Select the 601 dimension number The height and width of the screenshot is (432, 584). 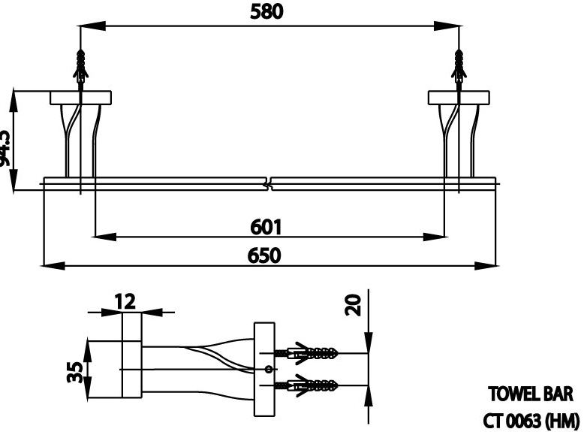[266, 226]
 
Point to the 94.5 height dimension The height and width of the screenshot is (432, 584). [6, 147]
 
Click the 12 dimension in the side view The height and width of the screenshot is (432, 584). [125, 301]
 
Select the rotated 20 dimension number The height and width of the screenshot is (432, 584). [354, 304]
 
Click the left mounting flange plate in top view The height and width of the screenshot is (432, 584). [81, 97]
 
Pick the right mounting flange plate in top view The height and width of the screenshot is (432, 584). [459, 97]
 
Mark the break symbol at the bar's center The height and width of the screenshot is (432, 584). [269, 182]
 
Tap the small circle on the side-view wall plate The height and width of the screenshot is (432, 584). [267, 369]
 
